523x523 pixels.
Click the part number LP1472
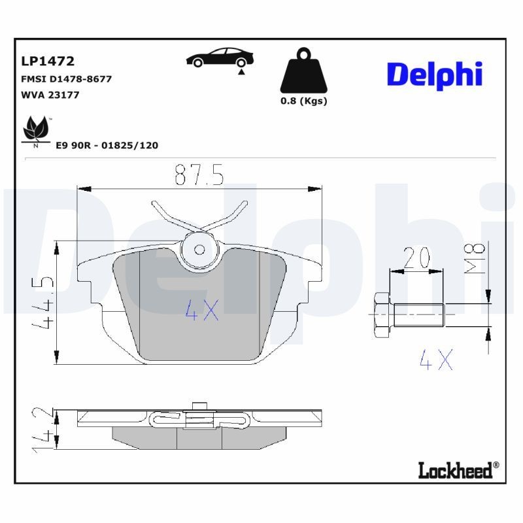click(48, 61)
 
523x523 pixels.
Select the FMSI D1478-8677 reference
click(66, 79)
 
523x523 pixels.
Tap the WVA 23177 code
click(50, 95)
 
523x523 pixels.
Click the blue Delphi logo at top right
click(434, 75)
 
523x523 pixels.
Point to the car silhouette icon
click(217, 59)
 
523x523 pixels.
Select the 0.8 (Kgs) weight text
click(303, 101)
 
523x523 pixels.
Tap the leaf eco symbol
click(35, 131)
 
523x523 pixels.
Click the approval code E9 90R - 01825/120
click(107, 145)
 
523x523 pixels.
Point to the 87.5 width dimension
click(199, 175)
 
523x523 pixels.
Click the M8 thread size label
click(477, 257)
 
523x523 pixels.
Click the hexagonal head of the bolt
click(381, 316)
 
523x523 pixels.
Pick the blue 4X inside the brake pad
click(201, 311)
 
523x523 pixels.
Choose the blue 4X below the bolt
click(435, 359)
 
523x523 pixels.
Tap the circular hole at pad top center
click(199, 248)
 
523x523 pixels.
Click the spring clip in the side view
click(196, 418)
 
